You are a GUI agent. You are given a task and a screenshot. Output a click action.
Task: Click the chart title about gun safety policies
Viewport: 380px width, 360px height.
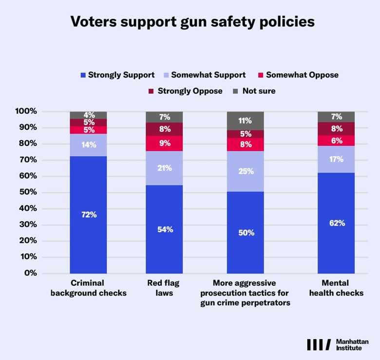point(192,22)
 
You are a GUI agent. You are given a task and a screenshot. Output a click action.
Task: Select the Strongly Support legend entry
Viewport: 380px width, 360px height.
point(117,75)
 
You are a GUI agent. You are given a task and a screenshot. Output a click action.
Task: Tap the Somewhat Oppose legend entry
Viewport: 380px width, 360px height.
point(298,75)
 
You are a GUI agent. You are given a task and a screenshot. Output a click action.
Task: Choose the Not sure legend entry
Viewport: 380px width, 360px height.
point(254,91)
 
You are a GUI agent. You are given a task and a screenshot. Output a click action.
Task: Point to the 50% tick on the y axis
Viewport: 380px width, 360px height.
point(28,192)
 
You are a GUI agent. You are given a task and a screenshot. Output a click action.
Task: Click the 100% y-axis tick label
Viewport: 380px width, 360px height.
point(26,111)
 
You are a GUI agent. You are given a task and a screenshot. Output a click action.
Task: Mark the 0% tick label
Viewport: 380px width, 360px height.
point(31,273)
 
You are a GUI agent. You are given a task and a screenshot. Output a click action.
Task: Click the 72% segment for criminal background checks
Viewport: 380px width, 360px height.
point(89,215)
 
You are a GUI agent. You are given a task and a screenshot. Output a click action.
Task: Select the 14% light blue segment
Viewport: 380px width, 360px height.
point(89,145)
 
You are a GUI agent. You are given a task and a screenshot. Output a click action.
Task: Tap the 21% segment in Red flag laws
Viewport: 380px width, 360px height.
point(164,168)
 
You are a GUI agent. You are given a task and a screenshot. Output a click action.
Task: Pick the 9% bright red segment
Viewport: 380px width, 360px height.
point(164,143)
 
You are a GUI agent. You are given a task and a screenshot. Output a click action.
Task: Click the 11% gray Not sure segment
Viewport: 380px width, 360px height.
point(246,121)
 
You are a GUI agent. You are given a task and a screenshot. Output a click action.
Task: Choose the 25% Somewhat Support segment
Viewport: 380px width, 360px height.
point(246,171)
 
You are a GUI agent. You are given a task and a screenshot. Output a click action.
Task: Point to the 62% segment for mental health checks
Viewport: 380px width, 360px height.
point(336,223)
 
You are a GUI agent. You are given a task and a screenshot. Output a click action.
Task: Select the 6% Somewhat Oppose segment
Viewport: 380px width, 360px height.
point(336,140)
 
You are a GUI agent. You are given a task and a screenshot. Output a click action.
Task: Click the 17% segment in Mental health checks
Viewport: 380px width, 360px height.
point(336,159)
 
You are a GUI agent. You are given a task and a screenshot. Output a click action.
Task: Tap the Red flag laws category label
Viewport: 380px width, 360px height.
point(164,288)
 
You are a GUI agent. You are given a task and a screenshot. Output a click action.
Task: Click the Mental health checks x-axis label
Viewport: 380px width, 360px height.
point(336,288)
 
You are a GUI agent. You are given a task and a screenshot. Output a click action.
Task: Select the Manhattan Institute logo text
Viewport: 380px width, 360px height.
point(352,345)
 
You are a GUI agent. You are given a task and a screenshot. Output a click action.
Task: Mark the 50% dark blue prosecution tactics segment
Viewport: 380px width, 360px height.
point(246,232)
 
